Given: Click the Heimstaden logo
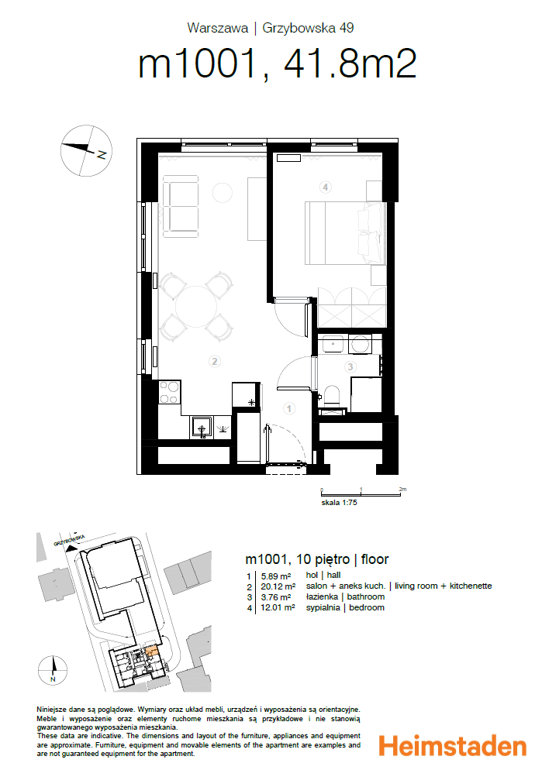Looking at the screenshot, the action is click(453, 745).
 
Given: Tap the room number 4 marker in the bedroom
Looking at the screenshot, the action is click(325, 187).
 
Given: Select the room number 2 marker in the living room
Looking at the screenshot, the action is click(214, 362).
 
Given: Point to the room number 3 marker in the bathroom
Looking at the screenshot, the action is click(350, 366).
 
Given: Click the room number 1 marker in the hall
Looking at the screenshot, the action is click(289, 408).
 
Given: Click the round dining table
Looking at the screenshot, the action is click(196, 307).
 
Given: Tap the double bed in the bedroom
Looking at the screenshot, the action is click(345, 233).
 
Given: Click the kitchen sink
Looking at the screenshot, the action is click(202, 428).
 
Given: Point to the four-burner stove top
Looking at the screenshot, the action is click(168, 393).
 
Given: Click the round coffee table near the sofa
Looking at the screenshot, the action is click(222, 192).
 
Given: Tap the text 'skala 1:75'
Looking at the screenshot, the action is click(339, 503).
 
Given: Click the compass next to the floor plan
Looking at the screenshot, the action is click(87, 150).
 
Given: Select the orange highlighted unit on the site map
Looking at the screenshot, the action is click(152, 651).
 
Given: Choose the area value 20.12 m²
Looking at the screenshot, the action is click(278, 586).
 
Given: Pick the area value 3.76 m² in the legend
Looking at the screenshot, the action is click(276, 597).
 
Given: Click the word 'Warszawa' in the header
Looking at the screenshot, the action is click(217, 28).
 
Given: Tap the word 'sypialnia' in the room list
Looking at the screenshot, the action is click(323, 608).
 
